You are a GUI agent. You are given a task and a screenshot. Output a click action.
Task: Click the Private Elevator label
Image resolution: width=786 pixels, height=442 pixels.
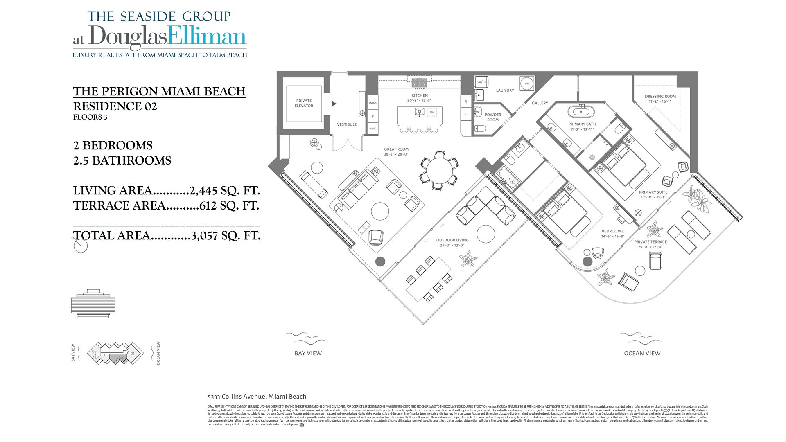(x=304, y=103)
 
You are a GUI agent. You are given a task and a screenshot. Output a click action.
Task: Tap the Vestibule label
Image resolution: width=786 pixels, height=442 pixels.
(x=347, y=124)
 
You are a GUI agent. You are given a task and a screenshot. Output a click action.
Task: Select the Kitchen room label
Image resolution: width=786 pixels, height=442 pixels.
(x=420, y=95)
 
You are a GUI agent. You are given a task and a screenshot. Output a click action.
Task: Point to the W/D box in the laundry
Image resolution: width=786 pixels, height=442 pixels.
(x=481, y=82)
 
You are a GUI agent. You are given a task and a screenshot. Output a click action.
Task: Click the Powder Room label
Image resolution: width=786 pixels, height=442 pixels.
(x=493, y=117)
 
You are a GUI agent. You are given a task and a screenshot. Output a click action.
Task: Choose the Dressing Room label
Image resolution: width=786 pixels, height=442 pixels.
(x=660, y=97)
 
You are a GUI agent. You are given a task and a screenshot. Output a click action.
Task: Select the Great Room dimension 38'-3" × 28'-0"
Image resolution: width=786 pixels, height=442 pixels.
(x=396, y=154)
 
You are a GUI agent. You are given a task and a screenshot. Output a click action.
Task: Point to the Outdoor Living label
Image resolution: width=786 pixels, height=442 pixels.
(x=452, y=240)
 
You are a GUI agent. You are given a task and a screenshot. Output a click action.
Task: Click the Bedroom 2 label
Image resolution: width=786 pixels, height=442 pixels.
(x=612, y=231)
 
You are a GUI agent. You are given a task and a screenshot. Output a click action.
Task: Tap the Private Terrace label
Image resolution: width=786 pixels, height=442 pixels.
(x=650, y=242)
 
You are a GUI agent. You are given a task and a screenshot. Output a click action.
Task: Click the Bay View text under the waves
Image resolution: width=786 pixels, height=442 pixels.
(x=308, y=353)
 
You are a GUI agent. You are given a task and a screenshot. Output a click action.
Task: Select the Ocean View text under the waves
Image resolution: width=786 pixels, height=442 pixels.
(x=642, y=353)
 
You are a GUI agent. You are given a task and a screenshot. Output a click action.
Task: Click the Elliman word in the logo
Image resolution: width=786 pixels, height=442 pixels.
(x=207, y=37)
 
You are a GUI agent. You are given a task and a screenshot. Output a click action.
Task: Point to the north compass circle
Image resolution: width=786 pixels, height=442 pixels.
(x=81, y=246)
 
